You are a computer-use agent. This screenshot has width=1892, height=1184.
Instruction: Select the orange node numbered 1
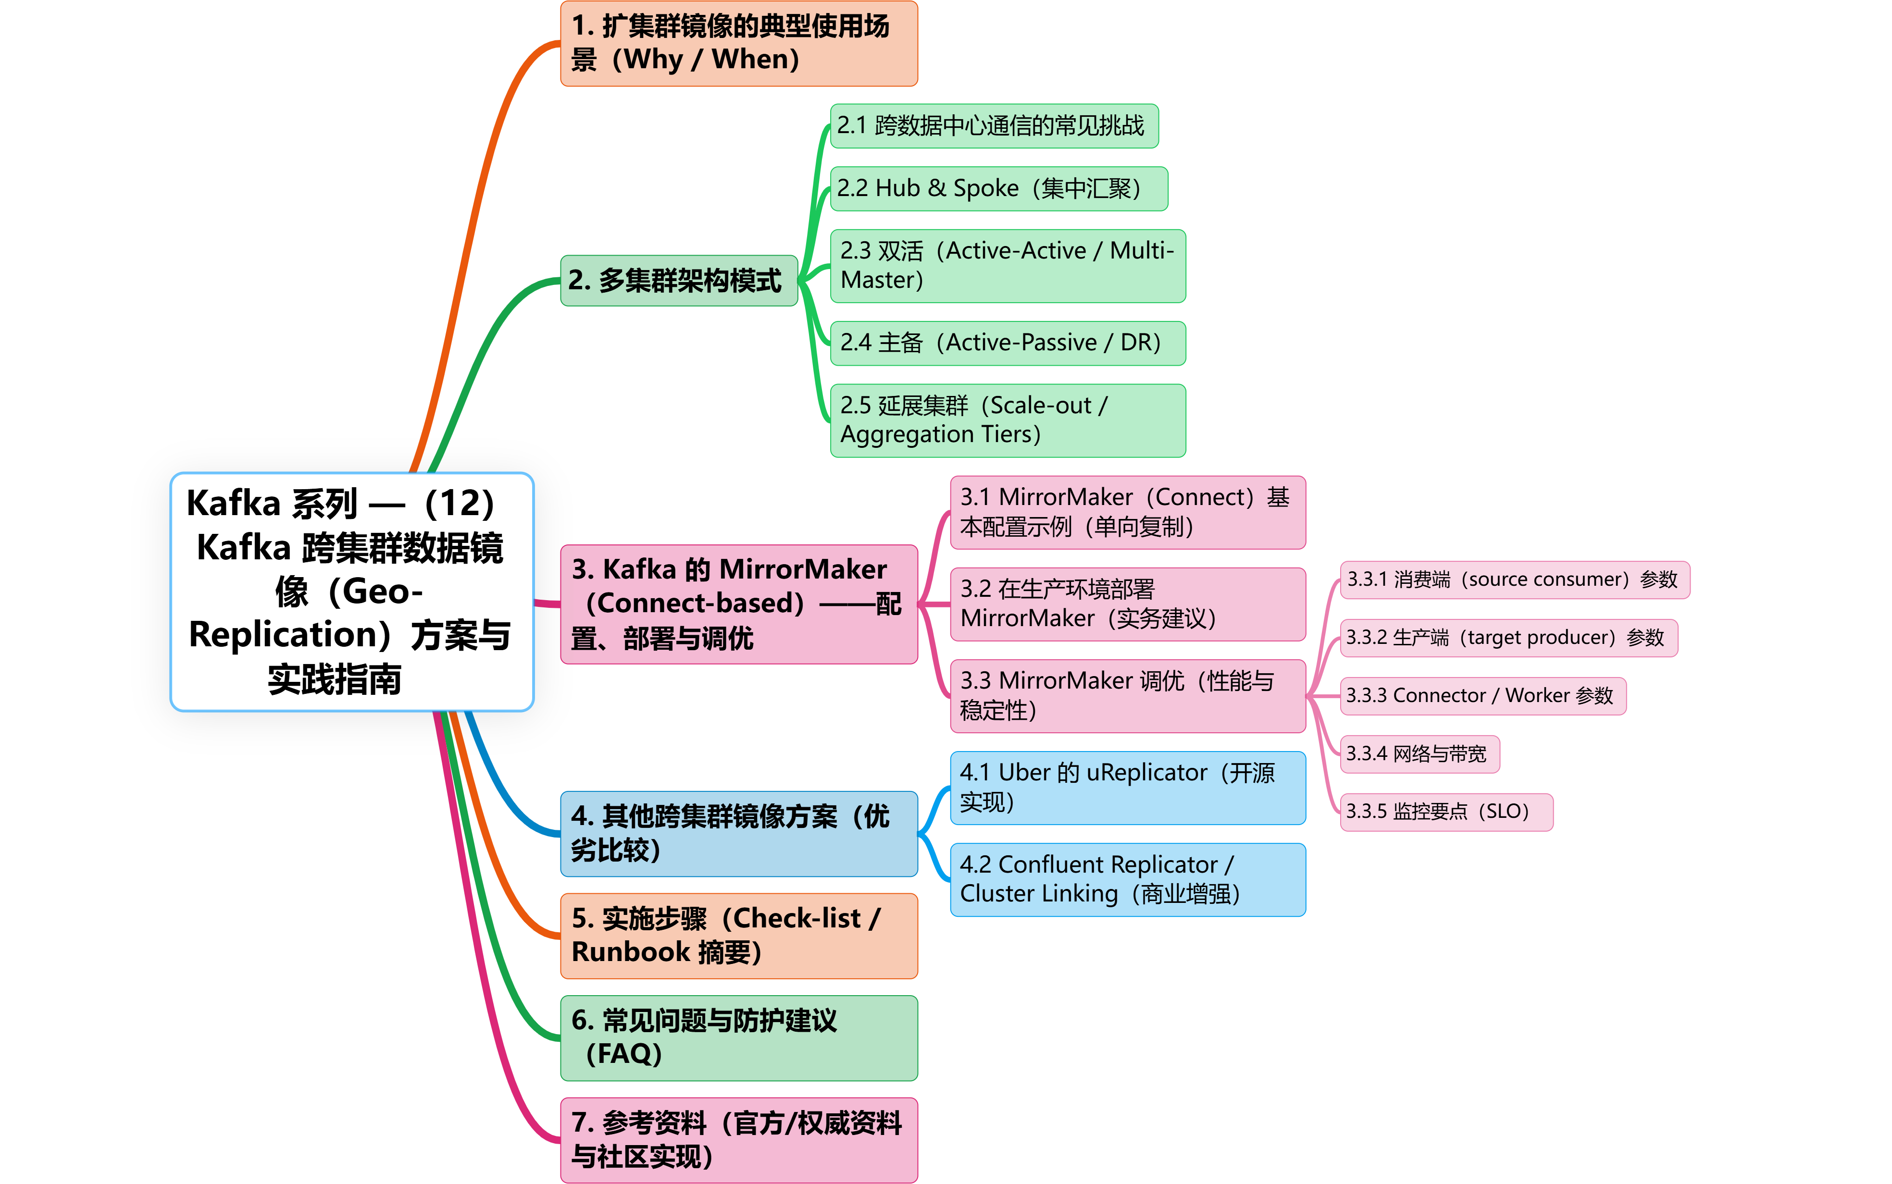coord(738,43)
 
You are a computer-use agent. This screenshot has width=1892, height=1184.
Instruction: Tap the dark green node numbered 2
coord(678,280)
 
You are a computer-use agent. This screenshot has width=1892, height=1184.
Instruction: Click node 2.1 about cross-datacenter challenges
coord(993,125)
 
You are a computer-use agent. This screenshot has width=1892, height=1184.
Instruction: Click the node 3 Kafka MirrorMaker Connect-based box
coord(738,604)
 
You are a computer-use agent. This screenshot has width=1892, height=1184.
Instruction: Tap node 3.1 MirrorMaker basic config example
coord(1127,512)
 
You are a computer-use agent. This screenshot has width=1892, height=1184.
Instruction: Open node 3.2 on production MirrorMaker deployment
coord(1127,604)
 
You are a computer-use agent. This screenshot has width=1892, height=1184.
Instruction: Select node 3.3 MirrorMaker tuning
coord(1127,695)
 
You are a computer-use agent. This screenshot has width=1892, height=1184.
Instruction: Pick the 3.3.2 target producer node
coord(1508,638)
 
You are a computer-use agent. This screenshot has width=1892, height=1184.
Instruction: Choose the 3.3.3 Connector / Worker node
coord(1482,695)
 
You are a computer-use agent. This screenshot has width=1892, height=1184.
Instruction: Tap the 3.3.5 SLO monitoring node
coord(1445,811)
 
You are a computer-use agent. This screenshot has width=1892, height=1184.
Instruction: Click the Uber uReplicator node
coord(1127,787)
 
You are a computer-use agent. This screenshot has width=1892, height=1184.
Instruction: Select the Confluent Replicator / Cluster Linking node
coord(1127,878)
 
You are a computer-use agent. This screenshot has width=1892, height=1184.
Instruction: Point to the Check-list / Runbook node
coord(738,935)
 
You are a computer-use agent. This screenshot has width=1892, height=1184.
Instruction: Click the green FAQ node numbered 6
coord(738,1037)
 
